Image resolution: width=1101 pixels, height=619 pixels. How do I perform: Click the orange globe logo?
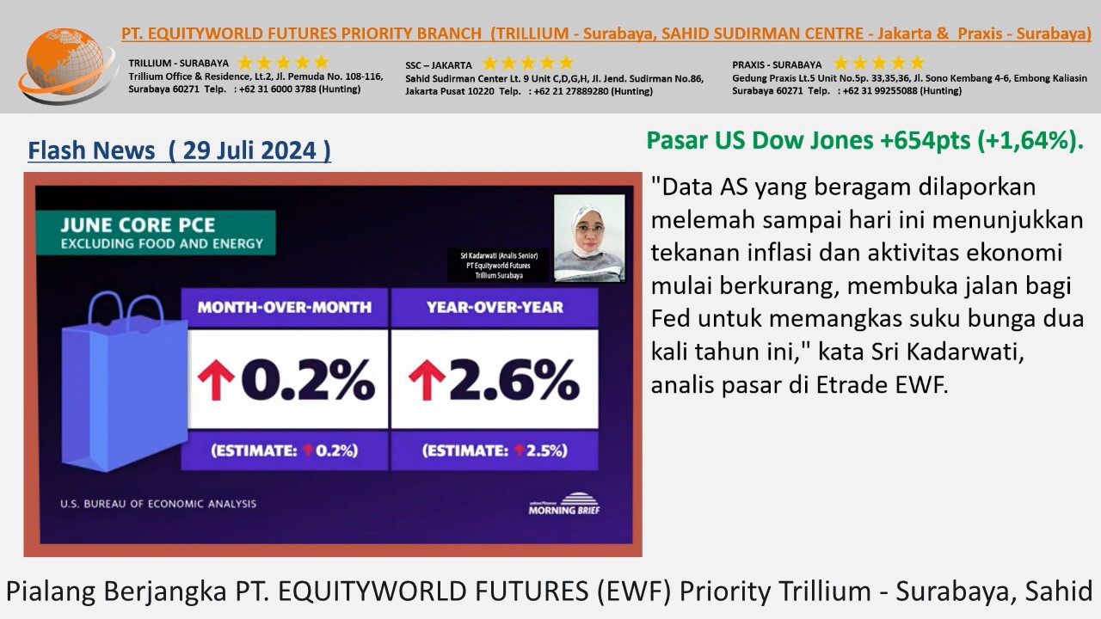66,64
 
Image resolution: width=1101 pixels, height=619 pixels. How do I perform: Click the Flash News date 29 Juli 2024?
249,150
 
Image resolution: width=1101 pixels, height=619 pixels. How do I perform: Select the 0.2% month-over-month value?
308,379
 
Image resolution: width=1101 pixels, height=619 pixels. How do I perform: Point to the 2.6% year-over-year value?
514,379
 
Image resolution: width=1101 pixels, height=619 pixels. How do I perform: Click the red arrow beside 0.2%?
216,380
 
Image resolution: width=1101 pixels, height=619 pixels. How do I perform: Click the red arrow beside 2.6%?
427,380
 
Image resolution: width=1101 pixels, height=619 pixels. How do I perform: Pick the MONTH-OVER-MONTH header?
285,308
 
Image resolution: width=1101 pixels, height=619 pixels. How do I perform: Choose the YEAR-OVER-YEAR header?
495,308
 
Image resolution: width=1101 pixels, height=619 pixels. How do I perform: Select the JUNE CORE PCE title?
138,225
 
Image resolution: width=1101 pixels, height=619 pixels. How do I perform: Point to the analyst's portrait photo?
589,238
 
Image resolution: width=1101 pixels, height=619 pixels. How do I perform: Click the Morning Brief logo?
564,504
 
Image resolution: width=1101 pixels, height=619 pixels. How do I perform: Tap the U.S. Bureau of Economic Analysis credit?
158,504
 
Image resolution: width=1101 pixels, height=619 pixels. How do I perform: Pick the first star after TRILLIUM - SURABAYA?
245,63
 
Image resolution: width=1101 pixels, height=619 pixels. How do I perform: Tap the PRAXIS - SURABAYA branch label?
777,64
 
